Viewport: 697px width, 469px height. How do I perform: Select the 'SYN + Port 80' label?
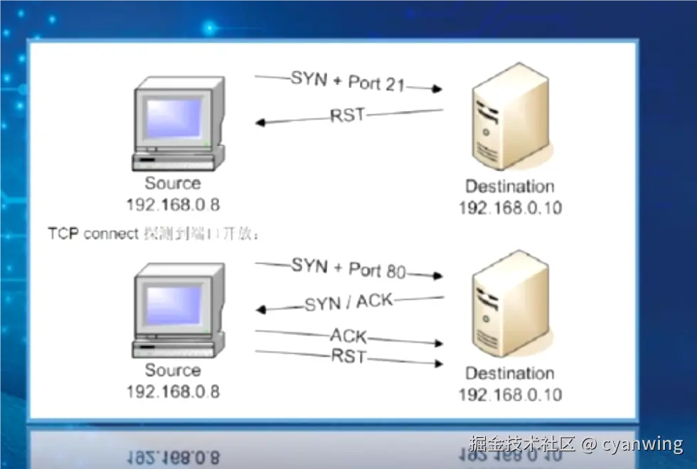(x=348, y=269)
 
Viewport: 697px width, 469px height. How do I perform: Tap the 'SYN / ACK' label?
(x=348, y=302)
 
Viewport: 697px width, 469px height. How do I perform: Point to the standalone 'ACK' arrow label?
(x=348, y=335)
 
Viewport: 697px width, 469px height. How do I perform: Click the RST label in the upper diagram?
(x=347, y=115)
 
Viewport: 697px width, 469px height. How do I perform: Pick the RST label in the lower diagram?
(x=348, y=355)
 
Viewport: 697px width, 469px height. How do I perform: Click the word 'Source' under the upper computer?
(x=173, y=184)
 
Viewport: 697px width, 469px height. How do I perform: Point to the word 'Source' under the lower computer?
(x=173, y=370)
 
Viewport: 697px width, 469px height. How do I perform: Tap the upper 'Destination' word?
(x=509, y=187)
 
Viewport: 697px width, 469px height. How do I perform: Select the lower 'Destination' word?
(x=509, y=374)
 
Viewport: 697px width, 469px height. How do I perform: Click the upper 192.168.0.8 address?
(x=173, y=205)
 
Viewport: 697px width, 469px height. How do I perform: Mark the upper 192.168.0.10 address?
(x=509, y=208)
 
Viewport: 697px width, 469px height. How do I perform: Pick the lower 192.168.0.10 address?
(x=509, y=394)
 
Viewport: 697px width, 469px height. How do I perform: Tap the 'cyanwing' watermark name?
(x=642, y=444)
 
